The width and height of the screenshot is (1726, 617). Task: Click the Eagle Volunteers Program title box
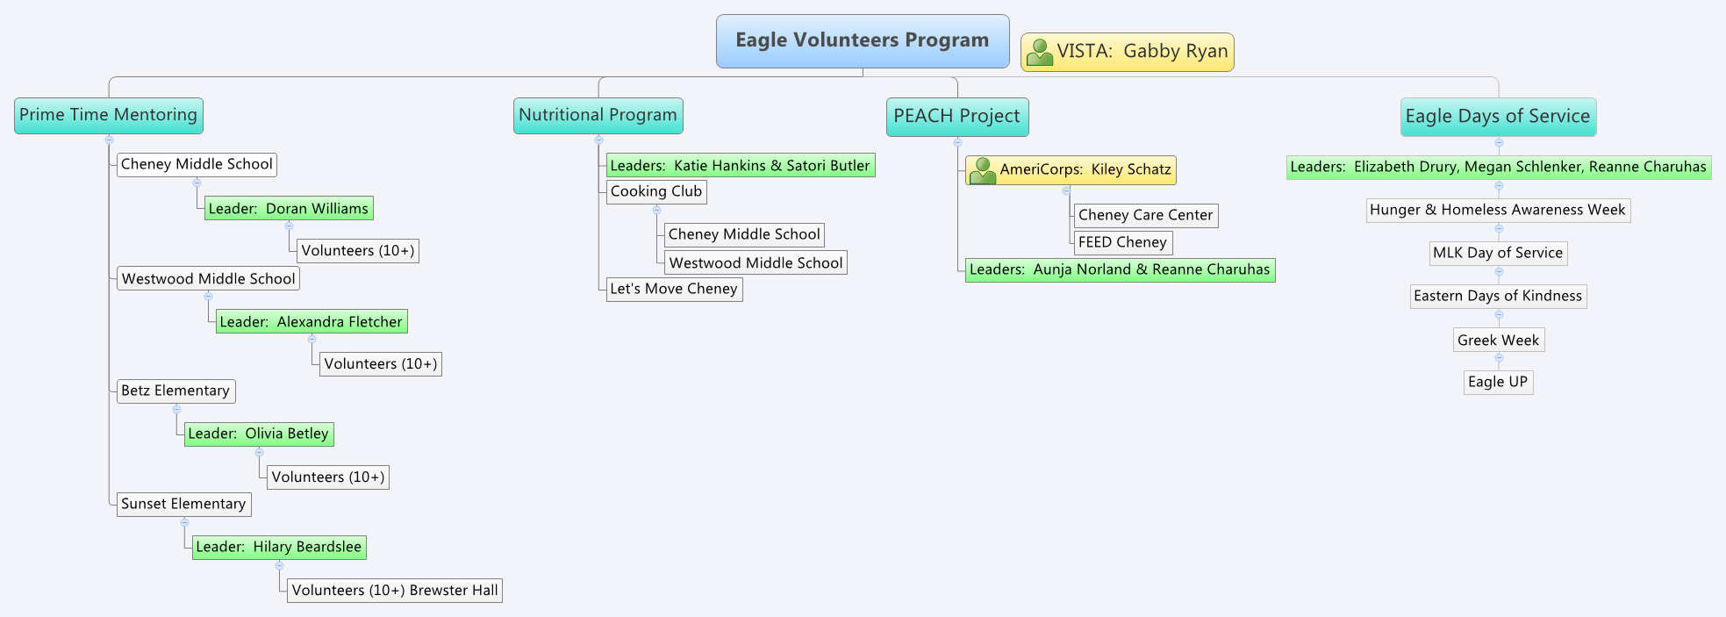[862, 41]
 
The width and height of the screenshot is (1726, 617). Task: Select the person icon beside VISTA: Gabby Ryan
[1040, 53]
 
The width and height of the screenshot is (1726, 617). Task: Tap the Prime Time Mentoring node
[109, 116]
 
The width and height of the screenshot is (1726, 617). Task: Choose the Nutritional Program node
[598, 116]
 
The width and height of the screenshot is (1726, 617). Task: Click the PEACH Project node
[956, 117]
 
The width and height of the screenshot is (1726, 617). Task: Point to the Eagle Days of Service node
[1497, 117]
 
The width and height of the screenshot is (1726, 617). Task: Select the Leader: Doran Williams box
[289, 209]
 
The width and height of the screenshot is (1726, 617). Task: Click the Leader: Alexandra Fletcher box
[312, 322]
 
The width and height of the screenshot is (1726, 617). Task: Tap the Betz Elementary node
[175, 391]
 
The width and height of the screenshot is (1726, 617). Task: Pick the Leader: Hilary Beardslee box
[279, 548]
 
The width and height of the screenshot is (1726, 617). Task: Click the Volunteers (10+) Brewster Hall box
[395, 591]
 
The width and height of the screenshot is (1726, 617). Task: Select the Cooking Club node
[656, 192]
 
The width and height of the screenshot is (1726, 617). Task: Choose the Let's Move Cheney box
[674, 290]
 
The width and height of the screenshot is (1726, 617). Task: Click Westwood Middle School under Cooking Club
[756, 263]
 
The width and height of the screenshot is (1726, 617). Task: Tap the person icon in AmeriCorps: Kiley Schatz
[983, 170]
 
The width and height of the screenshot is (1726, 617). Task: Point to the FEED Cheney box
[1122, 243]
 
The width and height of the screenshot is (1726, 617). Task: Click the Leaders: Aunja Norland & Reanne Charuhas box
[1120, 270]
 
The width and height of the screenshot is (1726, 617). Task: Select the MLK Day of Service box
[1497, 254]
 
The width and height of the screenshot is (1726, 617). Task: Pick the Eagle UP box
[1498, 383]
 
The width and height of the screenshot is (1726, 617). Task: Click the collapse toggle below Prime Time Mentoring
[109, 140]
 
